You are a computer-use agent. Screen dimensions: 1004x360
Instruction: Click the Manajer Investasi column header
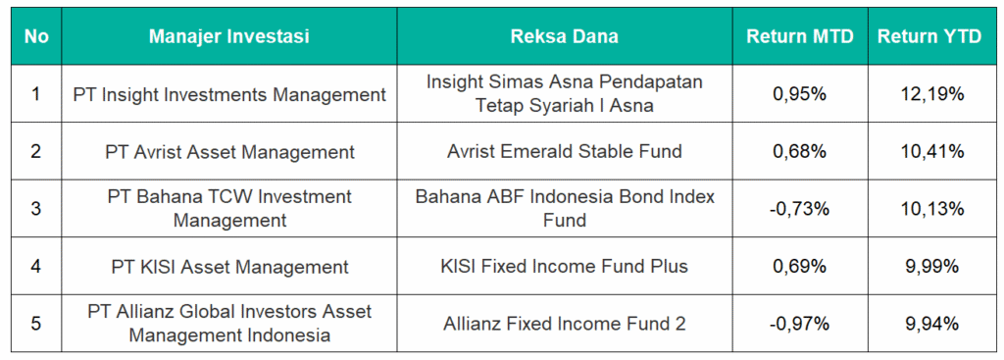(228, 36)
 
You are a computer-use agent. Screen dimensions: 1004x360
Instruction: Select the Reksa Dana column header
(564, 36)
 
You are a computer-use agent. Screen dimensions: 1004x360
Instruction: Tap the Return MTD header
(800, 36)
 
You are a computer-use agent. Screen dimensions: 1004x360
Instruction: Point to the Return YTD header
(929, 36)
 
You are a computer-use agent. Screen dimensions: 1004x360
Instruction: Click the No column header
(36, 36)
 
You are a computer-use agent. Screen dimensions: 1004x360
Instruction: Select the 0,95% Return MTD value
(800, 95)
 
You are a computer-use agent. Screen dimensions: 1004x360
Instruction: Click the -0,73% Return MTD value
(800, 209)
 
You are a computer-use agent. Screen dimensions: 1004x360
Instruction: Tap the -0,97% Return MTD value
(800, 324)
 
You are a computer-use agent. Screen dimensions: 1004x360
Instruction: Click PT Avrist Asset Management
(229, 152)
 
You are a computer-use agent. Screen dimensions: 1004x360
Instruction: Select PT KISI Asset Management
(229, 267)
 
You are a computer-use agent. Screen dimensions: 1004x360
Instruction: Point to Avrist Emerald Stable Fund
(564, 152)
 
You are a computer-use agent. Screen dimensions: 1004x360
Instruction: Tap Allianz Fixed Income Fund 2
(564, 324)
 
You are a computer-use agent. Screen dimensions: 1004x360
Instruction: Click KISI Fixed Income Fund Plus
(564, 267)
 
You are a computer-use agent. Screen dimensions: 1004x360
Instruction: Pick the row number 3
(36, 209)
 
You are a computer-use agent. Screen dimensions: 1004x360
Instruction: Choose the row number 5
(36, 324)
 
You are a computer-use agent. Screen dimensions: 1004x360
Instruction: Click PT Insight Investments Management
(229, 95)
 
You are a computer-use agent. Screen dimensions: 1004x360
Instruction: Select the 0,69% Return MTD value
(800, 267)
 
